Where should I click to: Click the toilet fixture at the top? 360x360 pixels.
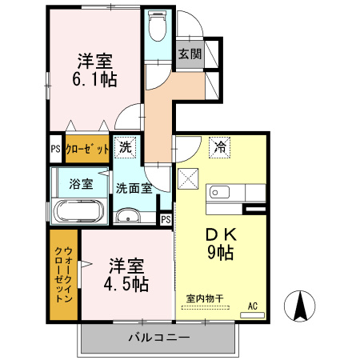point(158,29)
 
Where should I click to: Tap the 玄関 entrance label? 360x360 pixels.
point(190,55)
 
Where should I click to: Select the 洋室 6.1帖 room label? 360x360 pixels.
point(96,70)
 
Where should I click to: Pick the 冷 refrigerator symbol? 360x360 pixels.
point(218,148)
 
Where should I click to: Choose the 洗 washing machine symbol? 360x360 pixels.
point(126,146)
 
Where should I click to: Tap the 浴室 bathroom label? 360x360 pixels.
point(80,183)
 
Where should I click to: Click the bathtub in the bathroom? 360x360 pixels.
point(78,212)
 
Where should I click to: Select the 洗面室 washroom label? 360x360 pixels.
point(134,189)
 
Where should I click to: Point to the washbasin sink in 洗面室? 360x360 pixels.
point(127,216)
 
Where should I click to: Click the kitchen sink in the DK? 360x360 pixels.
point(219,194)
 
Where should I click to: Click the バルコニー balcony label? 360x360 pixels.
point(158,337)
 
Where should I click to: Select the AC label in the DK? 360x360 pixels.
point(253,306)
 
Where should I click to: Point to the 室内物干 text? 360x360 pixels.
point(205,298)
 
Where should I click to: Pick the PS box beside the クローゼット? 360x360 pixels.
point(55,149)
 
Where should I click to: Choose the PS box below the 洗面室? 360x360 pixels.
point(166,219)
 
